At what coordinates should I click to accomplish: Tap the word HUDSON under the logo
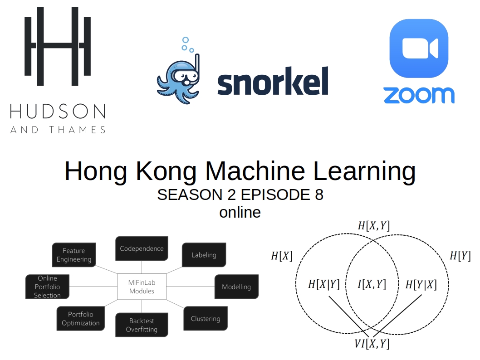pos(58,111)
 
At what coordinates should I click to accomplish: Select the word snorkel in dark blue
pos(273,81)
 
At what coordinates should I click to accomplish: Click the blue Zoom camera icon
pos(419,49)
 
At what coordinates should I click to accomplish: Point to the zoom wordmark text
pos(419,95)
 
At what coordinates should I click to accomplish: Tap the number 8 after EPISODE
pos(318,195)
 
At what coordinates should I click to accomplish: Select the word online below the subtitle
pos(240,212)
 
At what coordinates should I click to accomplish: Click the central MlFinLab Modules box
pos(142,287)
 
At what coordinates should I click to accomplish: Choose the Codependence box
pos(142,248)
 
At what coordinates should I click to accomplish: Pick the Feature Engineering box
pos(74,255)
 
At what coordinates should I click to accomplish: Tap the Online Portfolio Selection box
pos(47,287)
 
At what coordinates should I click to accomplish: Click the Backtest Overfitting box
pos(142,325)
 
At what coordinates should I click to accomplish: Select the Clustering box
pos(206,319)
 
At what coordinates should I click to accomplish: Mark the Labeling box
pos(204,255)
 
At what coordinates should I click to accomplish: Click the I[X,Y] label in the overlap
pos(372,284)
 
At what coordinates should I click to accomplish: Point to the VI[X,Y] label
pos(372,344)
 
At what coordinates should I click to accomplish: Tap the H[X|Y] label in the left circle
pos(323,284)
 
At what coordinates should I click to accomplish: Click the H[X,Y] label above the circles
pos(374,225)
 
